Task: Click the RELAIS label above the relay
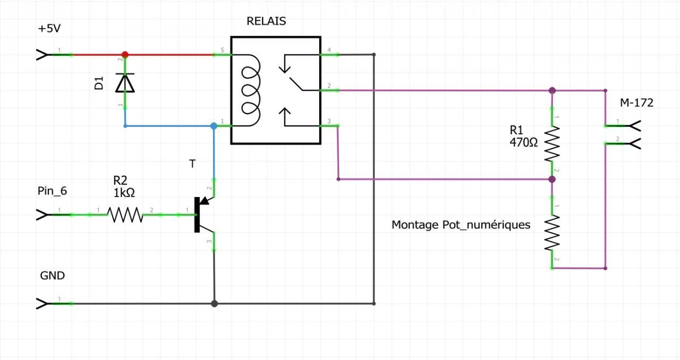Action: pyautogui.click(x=266, y=21)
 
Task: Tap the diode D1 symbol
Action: pyautogui.click(x=125, y=83)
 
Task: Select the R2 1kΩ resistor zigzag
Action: pyautogui.click(x=125, y=215)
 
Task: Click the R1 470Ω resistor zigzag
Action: pyautogui.click(x=552, y=144)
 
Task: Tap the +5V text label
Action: pyautogui.click(x=50, y=29)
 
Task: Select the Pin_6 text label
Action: pyautogui.click(x=52, y=190)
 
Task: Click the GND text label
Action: pyautogui.click(x=52, y=276)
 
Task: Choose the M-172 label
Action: pyautogui.click(x=636, y=103)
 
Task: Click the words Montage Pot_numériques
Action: pyautogui.click(x=461, y=225)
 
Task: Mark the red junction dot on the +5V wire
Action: pyautogui.click(x=125, y=54)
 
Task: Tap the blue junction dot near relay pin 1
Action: pyautogui.click(x=214, y=126)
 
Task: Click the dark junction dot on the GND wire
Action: pyautogui.click(x=214, y=304)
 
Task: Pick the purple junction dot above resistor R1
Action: pyautogui.click(x=552, y=90)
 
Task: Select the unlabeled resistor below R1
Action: pyautogui.click(x=552, y=233)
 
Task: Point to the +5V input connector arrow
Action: pyautogui.click(x=41, y=54)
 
